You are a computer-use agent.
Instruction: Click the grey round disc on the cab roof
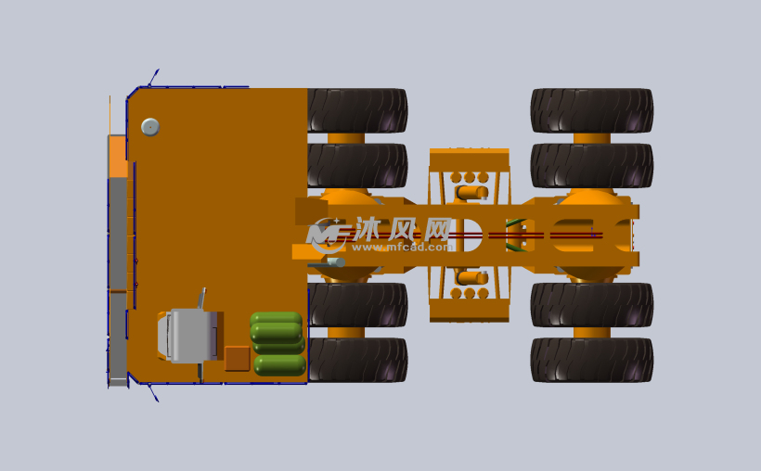point(150,127)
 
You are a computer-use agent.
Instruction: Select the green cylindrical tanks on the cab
point(277,343)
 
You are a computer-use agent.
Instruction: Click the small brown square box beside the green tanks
point(238,359)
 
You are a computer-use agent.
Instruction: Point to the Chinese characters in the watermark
point(403,228)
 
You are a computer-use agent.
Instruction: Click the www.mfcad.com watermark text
point(402,247)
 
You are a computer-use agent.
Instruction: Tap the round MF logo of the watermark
point(326,235)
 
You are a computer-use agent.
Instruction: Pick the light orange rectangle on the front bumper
point(118,156)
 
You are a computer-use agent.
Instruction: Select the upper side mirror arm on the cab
point(153,78)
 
